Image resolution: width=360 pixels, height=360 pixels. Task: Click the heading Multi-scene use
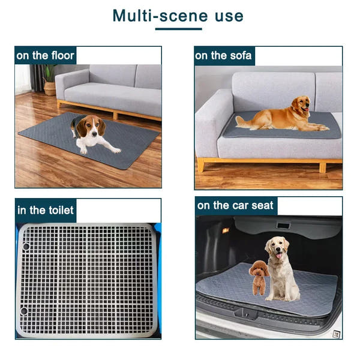tap(178, 15)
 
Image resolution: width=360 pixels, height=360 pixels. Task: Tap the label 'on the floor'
tap(46, 56)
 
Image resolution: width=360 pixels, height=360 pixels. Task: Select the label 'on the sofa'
tap(223, 56)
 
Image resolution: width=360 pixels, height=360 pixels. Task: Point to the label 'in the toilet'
tap(46, 210)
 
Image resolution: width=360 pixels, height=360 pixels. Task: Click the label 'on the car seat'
tap(235, 206)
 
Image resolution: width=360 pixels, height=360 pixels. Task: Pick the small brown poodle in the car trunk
tap(259, 277)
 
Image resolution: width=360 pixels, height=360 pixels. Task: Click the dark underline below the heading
tap(178, 29)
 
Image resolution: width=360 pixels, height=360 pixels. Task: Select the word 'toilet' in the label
tap(60, 210)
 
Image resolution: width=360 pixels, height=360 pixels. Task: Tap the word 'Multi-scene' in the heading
tap(157, 15)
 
